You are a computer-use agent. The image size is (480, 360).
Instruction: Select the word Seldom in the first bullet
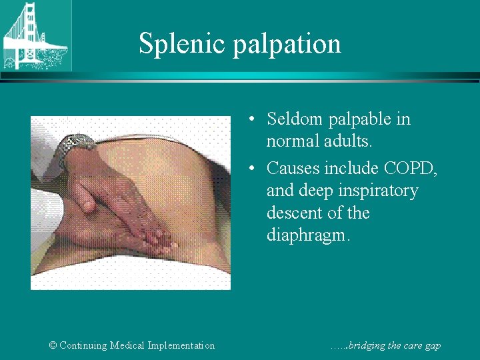(296, 119)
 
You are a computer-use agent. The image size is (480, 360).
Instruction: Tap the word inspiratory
(377, 191)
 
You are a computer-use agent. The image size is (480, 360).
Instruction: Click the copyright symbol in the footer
(53, 345)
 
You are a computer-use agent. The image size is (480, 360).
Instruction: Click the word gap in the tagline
(431, 346)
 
